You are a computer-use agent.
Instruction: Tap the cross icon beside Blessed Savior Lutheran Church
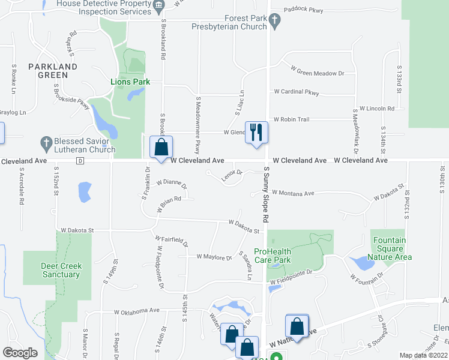[x=46, y=143]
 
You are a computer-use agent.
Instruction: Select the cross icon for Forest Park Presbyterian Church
[x=276, y=23]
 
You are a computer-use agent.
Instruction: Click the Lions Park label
[x=130, y=82]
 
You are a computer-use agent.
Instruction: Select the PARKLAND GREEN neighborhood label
[x=53, y=70]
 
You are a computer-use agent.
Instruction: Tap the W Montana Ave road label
[x=293, y=193]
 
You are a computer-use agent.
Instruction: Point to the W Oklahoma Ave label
[x=137, y=311]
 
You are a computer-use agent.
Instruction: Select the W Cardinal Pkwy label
[x=297, y=92]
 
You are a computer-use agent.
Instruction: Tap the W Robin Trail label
[x=291, y=119]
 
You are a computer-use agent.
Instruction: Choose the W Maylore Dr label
[x=214, y=257]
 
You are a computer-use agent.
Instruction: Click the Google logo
[x=20, y=353]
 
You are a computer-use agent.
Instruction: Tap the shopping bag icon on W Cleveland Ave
[x=161, y=148]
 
